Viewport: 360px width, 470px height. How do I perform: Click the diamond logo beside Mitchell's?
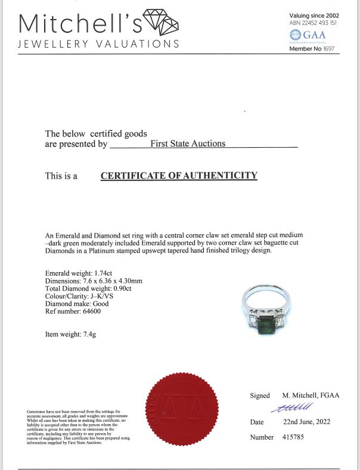click(162, 23)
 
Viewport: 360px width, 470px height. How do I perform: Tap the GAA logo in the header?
click(312, 35)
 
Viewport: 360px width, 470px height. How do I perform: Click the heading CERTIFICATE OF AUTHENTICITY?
click(179, 176)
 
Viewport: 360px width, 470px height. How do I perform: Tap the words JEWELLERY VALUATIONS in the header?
click(98, 44)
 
